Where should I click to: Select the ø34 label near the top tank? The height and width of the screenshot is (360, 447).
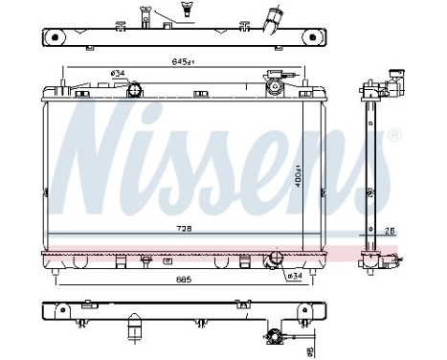pyautogui.click(x=119, y=74)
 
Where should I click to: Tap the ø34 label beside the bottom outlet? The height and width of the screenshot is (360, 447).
pyautogui.click(x=296, y=276)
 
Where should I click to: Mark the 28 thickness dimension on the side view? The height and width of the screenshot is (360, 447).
pyautogui.click(x=391, y=230)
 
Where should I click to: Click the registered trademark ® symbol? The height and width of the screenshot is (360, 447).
pyautogui.click(x=394, y=136)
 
